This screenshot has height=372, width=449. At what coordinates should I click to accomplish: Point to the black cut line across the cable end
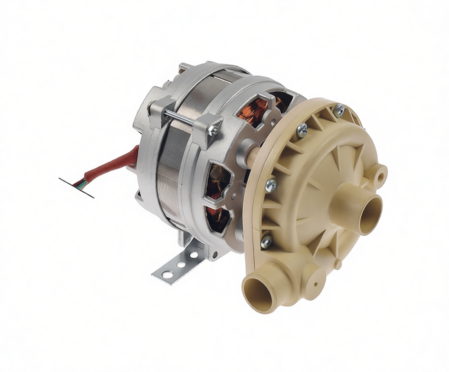pyautogui.click(x=76, y=188)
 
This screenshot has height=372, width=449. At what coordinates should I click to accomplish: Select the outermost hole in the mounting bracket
pyautogui.click(x=167, y=274)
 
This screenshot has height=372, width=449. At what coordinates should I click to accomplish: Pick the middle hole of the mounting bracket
pyautogui.click(x=181, y=264)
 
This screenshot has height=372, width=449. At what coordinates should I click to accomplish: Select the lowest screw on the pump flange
pyautogui.click(x=265, y=242)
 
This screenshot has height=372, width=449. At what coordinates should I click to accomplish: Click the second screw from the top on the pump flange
pyautogui.click(x=302, y=129)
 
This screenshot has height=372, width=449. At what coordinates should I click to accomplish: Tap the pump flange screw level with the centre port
pyautogui.click(x=271, y=185)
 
